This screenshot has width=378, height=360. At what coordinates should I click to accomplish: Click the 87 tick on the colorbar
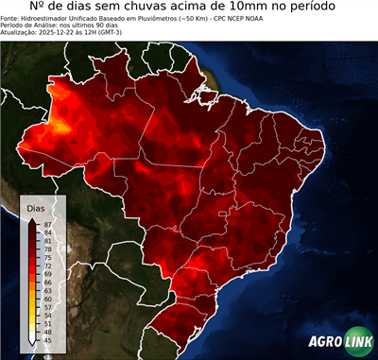click(x=48, y=223)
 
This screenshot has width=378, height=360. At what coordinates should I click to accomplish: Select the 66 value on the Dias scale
click(x=48, y=282)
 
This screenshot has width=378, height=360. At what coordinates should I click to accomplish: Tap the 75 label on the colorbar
click(x=48, y=257)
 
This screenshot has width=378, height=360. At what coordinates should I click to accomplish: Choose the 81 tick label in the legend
click(x=48, y=240)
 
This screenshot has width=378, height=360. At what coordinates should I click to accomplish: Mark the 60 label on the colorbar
click(x=48, y=299)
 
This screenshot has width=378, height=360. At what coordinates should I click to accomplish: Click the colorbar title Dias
click(x=36, y=207)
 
